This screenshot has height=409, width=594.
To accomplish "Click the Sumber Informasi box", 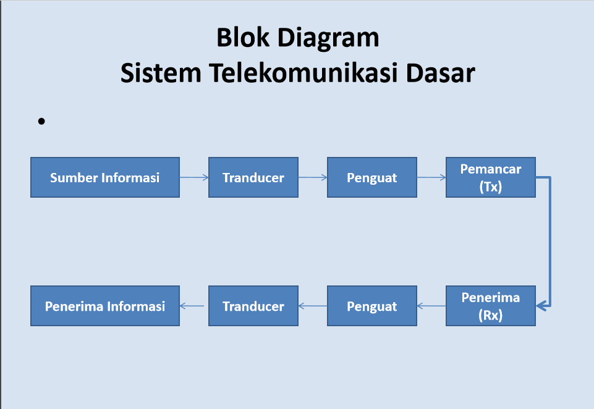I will coord(104,177).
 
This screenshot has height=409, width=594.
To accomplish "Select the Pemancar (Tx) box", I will coord(490,177).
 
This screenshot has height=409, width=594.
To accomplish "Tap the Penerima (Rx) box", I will coord(490,306).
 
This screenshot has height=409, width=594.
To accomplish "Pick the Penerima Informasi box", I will coord(104,306).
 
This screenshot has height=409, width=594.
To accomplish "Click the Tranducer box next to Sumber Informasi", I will coord(253,177).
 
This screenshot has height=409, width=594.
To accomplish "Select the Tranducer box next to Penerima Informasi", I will coord(253,306).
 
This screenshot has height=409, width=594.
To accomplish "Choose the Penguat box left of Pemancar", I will coord(371,177).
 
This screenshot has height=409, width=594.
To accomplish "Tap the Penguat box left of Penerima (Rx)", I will coord(371,306).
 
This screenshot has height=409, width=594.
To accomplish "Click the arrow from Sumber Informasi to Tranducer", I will coord(194,178).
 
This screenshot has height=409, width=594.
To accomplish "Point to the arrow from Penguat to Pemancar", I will coord(431,178).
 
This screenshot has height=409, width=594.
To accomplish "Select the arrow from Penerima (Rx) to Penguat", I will coord(431,305).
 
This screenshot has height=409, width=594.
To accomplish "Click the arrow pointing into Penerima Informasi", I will coord(193,305).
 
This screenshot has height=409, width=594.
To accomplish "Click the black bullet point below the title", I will coord(41,122).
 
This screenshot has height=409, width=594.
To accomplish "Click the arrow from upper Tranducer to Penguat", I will coord(313,178).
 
